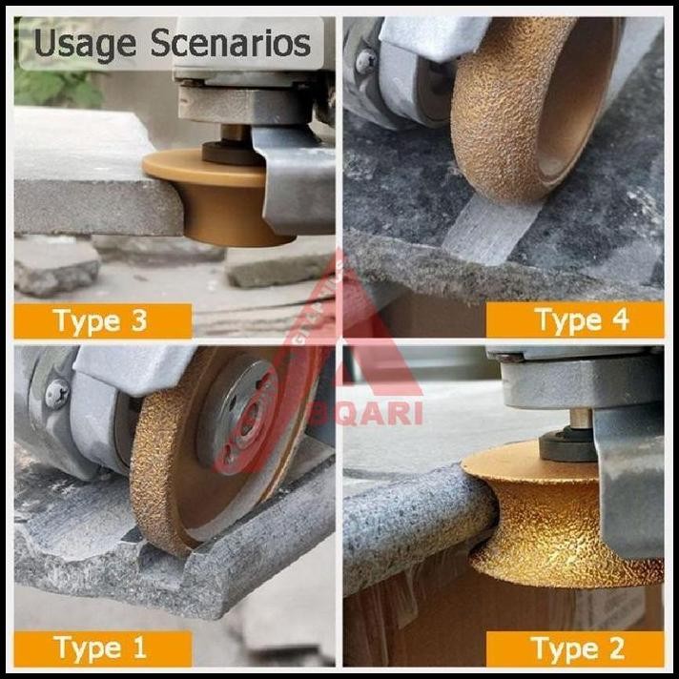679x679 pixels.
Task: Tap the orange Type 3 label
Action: click(100, 320)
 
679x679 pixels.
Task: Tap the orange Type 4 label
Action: click(581, 319)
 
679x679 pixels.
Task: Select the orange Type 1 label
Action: click(100, 648)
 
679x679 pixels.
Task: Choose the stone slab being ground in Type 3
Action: click(86, 172)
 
